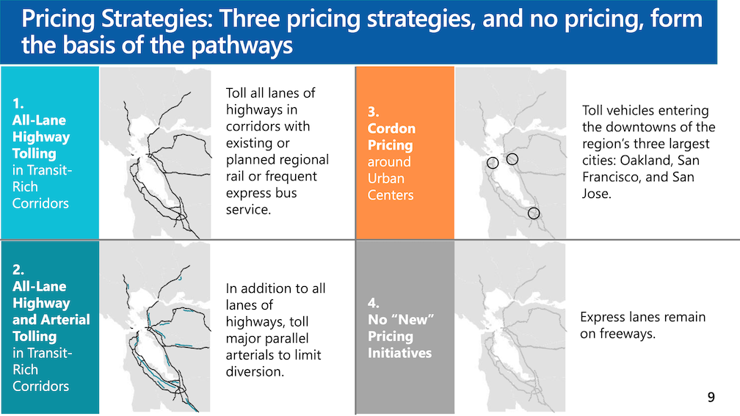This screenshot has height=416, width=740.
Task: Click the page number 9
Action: point(711,397)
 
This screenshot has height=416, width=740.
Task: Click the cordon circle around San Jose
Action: point(528,214)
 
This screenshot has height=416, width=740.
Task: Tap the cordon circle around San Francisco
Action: point(487,163)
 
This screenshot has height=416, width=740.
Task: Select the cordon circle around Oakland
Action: point(507,159)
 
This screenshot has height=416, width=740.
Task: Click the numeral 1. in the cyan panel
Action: point(18,103)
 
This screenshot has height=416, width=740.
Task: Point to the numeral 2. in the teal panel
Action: point(18,270)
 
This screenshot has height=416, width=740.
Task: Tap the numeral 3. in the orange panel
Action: point(373,112)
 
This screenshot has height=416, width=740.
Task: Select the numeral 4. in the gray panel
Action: point(373,303)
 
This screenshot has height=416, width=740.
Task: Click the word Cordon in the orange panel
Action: point(391,128)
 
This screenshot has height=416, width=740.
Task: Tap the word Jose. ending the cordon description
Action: point(597,194)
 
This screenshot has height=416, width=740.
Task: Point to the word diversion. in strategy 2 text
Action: point(255,372)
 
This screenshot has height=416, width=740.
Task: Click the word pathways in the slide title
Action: point(242,45)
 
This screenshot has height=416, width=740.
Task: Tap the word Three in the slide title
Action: point(250,19)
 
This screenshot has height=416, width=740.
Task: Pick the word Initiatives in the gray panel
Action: point(399,353)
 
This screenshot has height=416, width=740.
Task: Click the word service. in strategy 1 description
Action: point(248,209)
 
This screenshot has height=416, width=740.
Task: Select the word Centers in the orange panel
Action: point(391,195)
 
